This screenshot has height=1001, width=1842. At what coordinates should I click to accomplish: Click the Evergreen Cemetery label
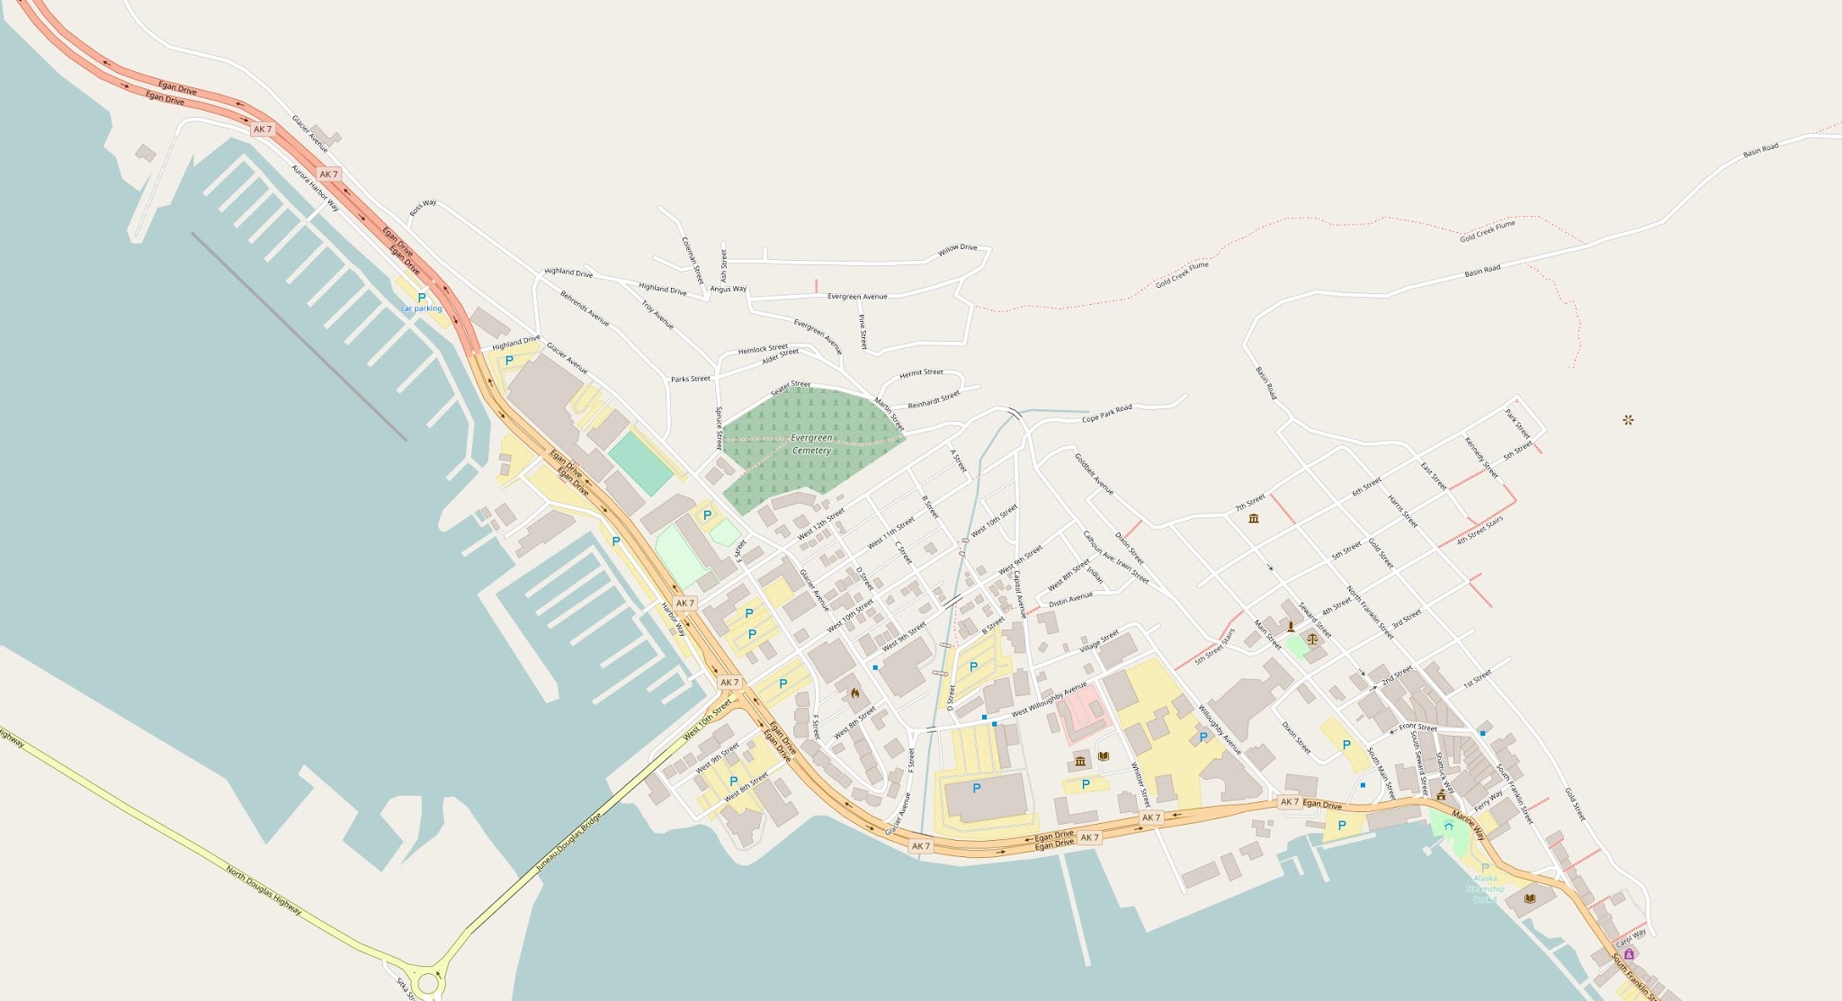[x=811, y=443]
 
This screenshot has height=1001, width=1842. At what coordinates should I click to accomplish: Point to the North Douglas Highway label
[x=264, y=890]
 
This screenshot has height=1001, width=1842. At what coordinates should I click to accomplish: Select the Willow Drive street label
[x=957, y=248]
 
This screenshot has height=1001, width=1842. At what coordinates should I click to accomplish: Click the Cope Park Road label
[x=1106, y=414]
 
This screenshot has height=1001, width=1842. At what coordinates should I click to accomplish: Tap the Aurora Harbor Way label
[x=315, y=188]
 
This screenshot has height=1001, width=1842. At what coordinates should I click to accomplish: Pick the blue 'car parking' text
[x=421, y=308]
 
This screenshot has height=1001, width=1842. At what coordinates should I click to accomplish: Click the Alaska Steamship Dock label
[x=1484, y=889]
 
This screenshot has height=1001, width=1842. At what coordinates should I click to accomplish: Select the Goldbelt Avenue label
[x=1094, y=473]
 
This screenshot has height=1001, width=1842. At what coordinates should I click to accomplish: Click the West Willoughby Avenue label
[x=1049, y=700]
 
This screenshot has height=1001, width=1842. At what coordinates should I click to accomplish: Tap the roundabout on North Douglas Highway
[x=428, y=982]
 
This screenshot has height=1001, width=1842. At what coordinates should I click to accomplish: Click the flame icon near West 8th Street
[x=854, y=693]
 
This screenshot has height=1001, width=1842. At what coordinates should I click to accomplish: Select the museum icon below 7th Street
[x=1254, y=518]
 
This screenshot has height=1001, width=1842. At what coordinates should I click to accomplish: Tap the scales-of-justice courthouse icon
[x=1313, y=638]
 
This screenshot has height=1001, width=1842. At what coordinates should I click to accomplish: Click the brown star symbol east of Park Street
[x=1628, y=420]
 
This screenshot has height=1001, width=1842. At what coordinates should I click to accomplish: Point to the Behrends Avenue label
[x=585, y=308]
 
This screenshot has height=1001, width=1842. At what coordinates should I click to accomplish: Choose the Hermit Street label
[x=922, y=372]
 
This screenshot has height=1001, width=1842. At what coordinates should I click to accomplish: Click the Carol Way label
[x=1631, y=937]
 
